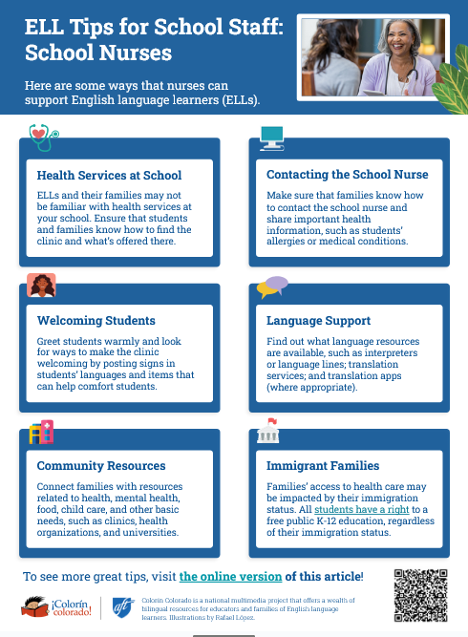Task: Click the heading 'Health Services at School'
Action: click(109, 176)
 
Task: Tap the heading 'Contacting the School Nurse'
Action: click(347, 176)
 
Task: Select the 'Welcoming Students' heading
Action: click(96, 320)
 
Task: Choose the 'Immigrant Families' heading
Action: click(324, 466)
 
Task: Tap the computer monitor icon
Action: click(272, 137)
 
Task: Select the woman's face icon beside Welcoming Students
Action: click(41, 285)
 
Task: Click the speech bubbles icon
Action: click(272, 285)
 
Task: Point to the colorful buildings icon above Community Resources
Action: click(41, 432)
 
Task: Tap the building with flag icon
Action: click(269, 431)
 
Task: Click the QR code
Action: click(420, 596)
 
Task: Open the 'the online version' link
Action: click(230, 577)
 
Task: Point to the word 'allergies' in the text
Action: click(287, 242)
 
